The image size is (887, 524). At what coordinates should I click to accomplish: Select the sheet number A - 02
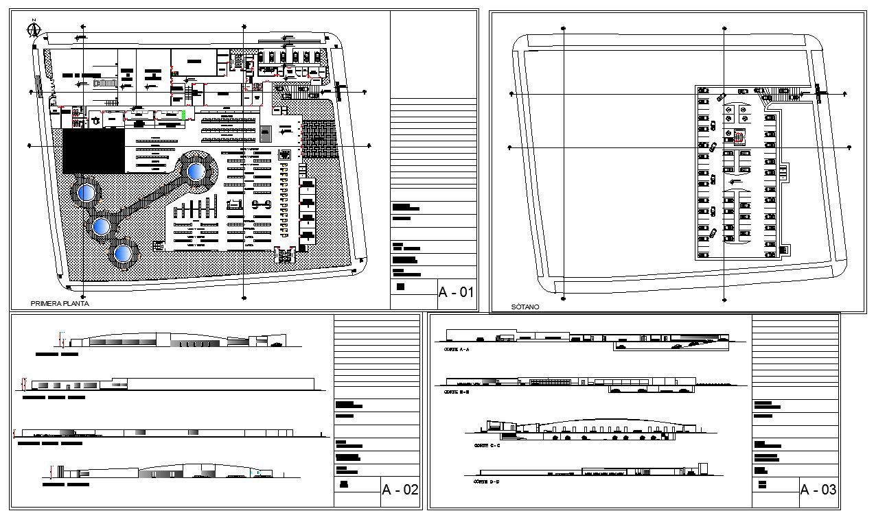click(400, 490)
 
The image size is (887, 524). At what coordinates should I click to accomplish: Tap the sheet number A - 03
click(818, 490)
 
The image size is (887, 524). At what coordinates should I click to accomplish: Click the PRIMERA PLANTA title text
click(60, 303)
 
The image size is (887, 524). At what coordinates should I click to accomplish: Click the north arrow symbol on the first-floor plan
click(32, 29)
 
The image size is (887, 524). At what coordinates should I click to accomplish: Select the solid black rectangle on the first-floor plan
click(93, 151)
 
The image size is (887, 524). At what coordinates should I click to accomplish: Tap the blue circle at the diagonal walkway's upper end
click(196, 171)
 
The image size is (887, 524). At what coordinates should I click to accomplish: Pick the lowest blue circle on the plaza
click(123, 254)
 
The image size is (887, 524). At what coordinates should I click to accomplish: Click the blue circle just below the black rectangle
click(86, 193)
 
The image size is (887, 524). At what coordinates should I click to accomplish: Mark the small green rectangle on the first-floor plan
click(183, 115)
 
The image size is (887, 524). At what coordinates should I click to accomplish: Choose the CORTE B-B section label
click(456, 392)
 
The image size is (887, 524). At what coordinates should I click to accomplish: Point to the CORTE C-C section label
click(487, 446)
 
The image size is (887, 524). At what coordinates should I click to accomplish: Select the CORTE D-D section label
click(487, 482)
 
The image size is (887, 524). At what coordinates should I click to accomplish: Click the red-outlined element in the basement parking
click(739, 137)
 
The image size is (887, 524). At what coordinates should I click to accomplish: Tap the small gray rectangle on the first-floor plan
click(266, 132)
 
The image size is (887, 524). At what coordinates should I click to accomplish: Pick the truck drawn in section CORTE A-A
click(505, 337)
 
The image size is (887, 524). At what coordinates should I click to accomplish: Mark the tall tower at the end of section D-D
click(702, 468)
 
